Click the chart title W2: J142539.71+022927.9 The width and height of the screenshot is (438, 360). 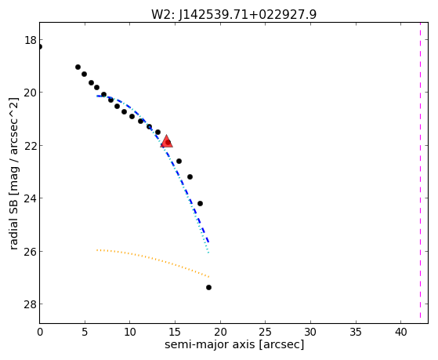point(233,14)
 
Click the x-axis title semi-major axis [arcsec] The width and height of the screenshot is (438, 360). point(234,344)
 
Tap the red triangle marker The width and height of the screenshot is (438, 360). point(166,141)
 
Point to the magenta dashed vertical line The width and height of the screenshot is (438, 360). point(420,171)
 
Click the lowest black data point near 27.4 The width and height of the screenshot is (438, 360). point(208,287)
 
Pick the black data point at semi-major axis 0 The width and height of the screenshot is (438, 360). point(40,46)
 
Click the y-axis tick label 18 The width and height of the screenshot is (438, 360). point(31,40)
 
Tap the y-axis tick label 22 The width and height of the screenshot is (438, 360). point(31,145)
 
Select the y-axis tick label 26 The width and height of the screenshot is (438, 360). point(31,251)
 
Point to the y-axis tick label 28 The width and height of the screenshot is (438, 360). point(31,304)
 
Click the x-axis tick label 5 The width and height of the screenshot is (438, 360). point(85,332)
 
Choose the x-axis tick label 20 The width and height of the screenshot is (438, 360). point(220,332)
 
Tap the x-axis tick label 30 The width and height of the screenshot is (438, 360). point(310,332)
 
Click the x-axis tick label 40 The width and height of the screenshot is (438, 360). point(400,332)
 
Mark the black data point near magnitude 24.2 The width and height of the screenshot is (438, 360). point(200,203)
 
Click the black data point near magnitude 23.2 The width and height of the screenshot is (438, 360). point(190,176)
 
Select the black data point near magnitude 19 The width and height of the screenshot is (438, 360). point(78,67)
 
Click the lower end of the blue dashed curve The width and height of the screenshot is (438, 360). point(208,242)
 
